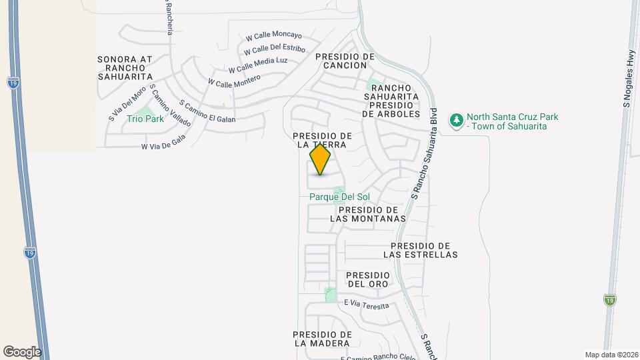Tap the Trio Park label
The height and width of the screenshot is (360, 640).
pos(145,119)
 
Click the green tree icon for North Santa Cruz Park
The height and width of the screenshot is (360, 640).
pos(457,121)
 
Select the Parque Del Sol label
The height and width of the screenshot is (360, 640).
pos(339,197)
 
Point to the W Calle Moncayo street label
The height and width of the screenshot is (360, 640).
pos(273,36)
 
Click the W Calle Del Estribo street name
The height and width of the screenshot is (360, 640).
pos(274,49)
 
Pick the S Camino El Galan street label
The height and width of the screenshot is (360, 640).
pos(207,111)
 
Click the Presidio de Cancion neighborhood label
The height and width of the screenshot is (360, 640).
pos(345,61)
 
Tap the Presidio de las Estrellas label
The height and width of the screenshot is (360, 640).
pos(421,250)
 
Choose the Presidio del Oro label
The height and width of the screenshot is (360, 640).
pos(367,279)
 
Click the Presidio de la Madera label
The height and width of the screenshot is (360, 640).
pos(323,339)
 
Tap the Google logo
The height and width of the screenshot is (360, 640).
pos(22,351)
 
